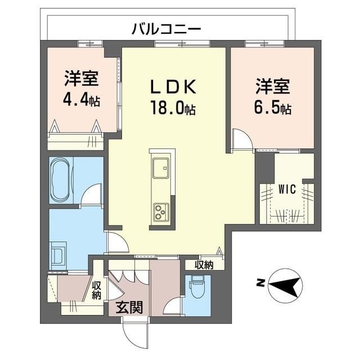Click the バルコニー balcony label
pyautogui.click(x=166, y=29)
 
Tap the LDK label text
pyautogui.click(x=173, y=87)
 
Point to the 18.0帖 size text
pyautogui.click(x=173, y=107)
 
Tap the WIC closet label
pyautogui.click(x=287, y=190)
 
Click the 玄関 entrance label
pyautogui.click(x=129, y=307)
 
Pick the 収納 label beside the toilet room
pyautogui.click(x=204, y=265)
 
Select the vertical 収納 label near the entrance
pyautogui.click(x=97, y=290)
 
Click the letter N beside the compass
pyautogui.click(x=260, y=283)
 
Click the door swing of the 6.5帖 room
pyautogui.click(x=242, y=139)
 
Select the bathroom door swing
pyautogui.click(x=92, y=194)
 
